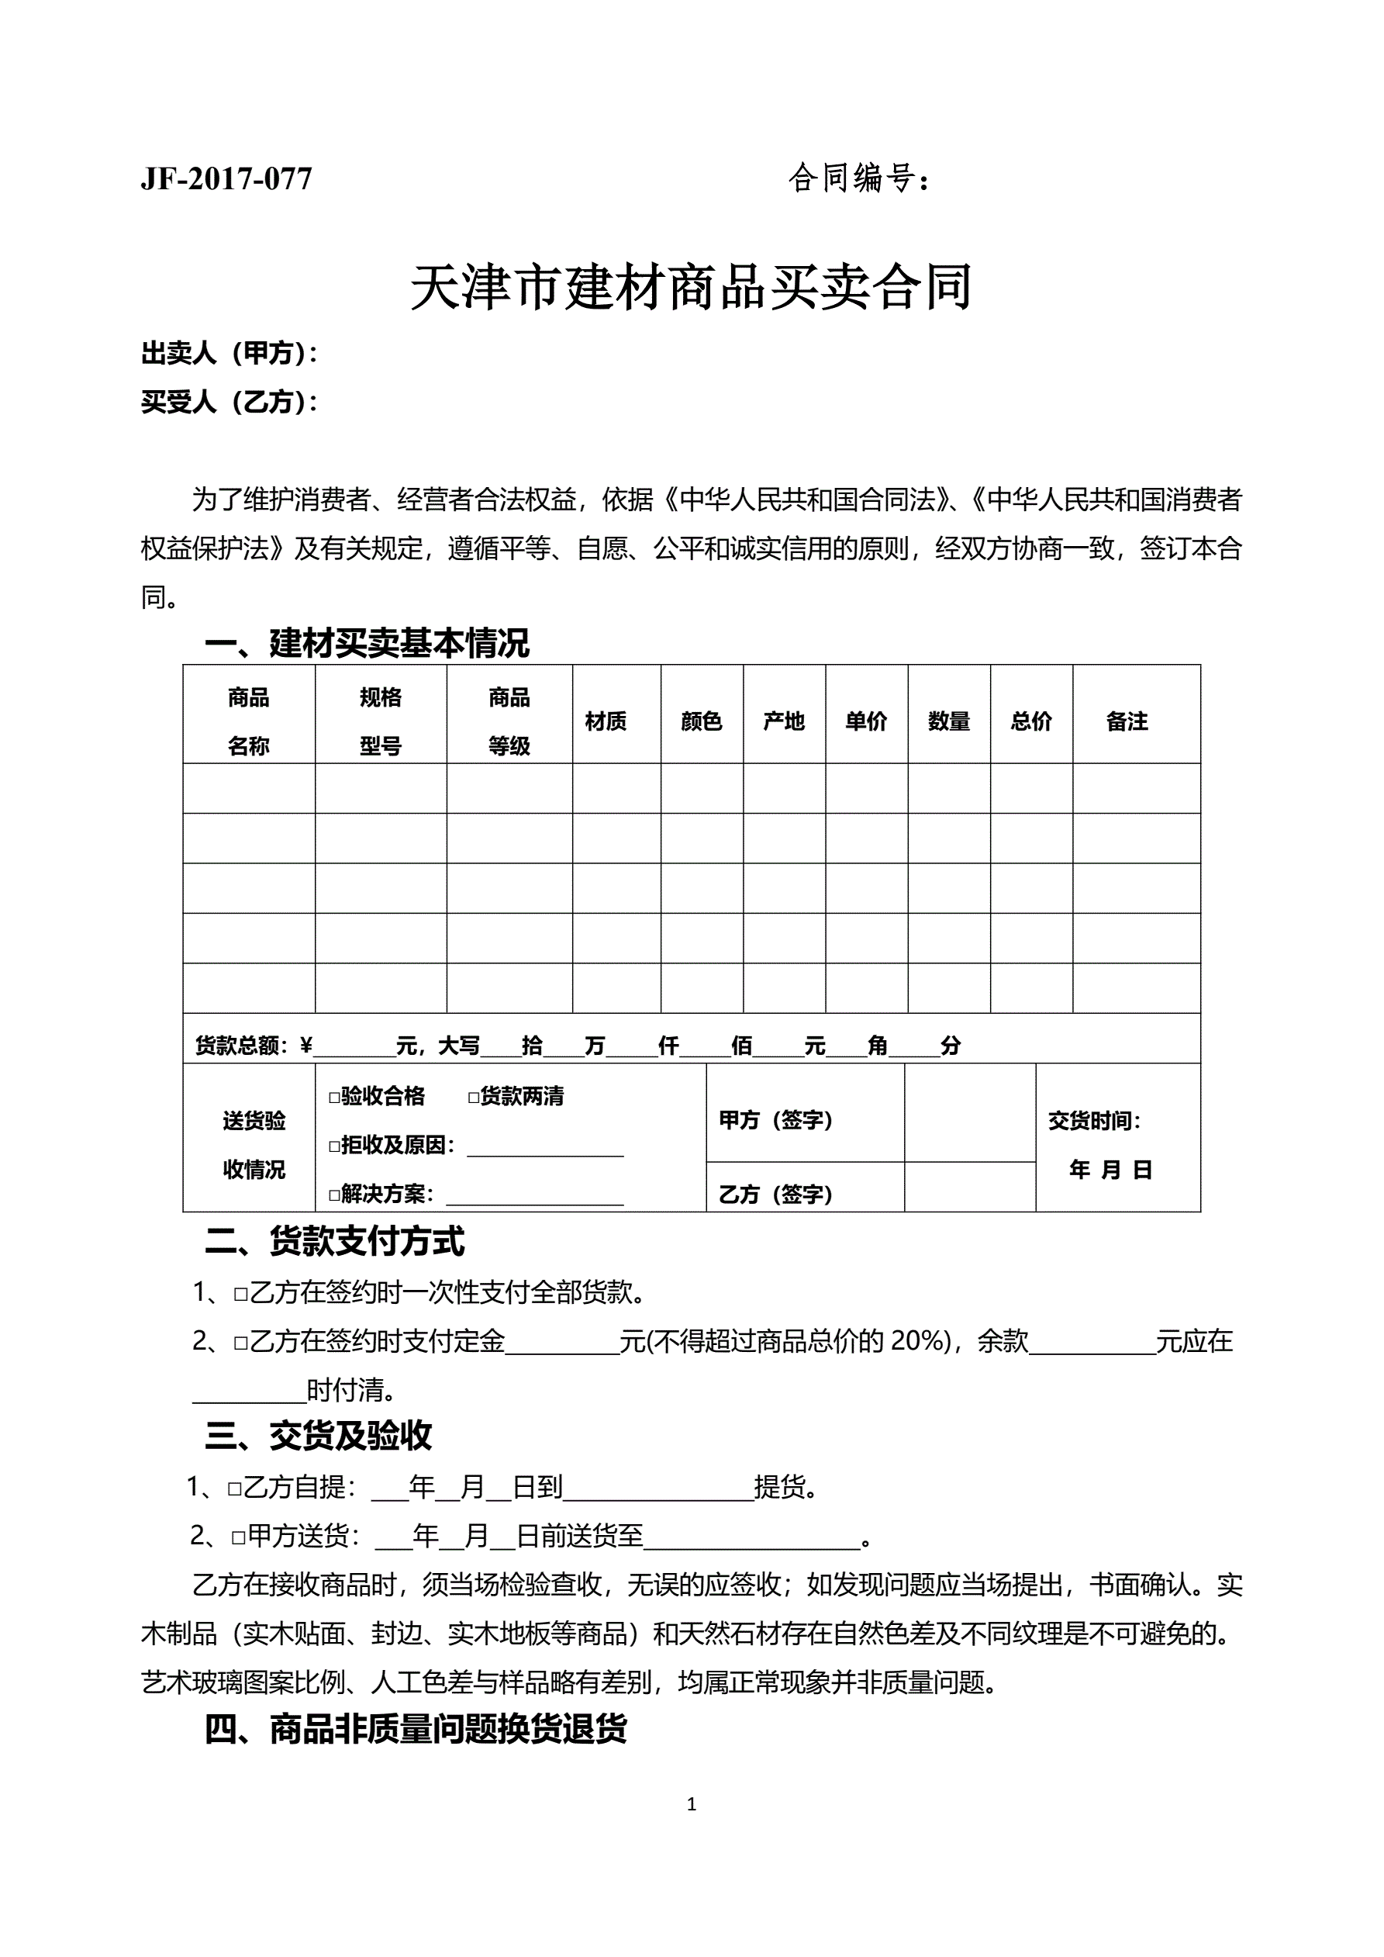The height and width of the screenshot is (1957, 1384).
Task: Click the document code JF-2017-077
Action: click(x=226, y=178)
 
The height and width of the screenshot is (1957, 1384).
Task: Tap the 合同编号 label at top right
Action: click(x=858, y=178)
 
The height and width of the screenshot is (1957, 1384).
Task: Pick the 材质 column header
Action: click(x=606, y=721)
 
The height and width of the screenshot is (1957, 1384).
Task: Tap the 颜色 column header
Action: click(x=702, y=721)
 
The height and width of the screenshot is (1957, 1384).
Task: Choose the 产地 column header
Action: click(x=784, y=721)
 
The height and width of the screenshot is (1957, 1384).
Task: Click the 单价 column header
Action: click(x=866, y=721)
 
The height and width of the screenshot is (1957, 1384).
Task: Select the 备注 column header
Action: click(x=1127, y=721)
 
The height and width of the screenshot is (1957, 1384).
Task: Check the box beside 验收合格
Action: click(x=335, y=1097)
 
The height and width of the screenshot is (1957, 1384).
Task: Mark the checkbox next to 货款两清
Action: click(x=474, y=1097)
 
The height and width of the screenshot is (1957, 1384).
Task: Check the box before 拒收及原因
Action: click(x=335, y=1146)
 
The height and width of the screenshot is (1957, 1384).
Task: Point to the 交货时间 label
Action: click(x=1094, y=1120)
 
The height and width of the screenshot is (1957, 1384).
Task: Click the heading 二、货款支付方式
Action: click(x=334, y=1241)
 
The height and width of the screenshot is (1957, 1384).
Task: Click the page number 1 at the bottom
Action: click(x=691, y=1803)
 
